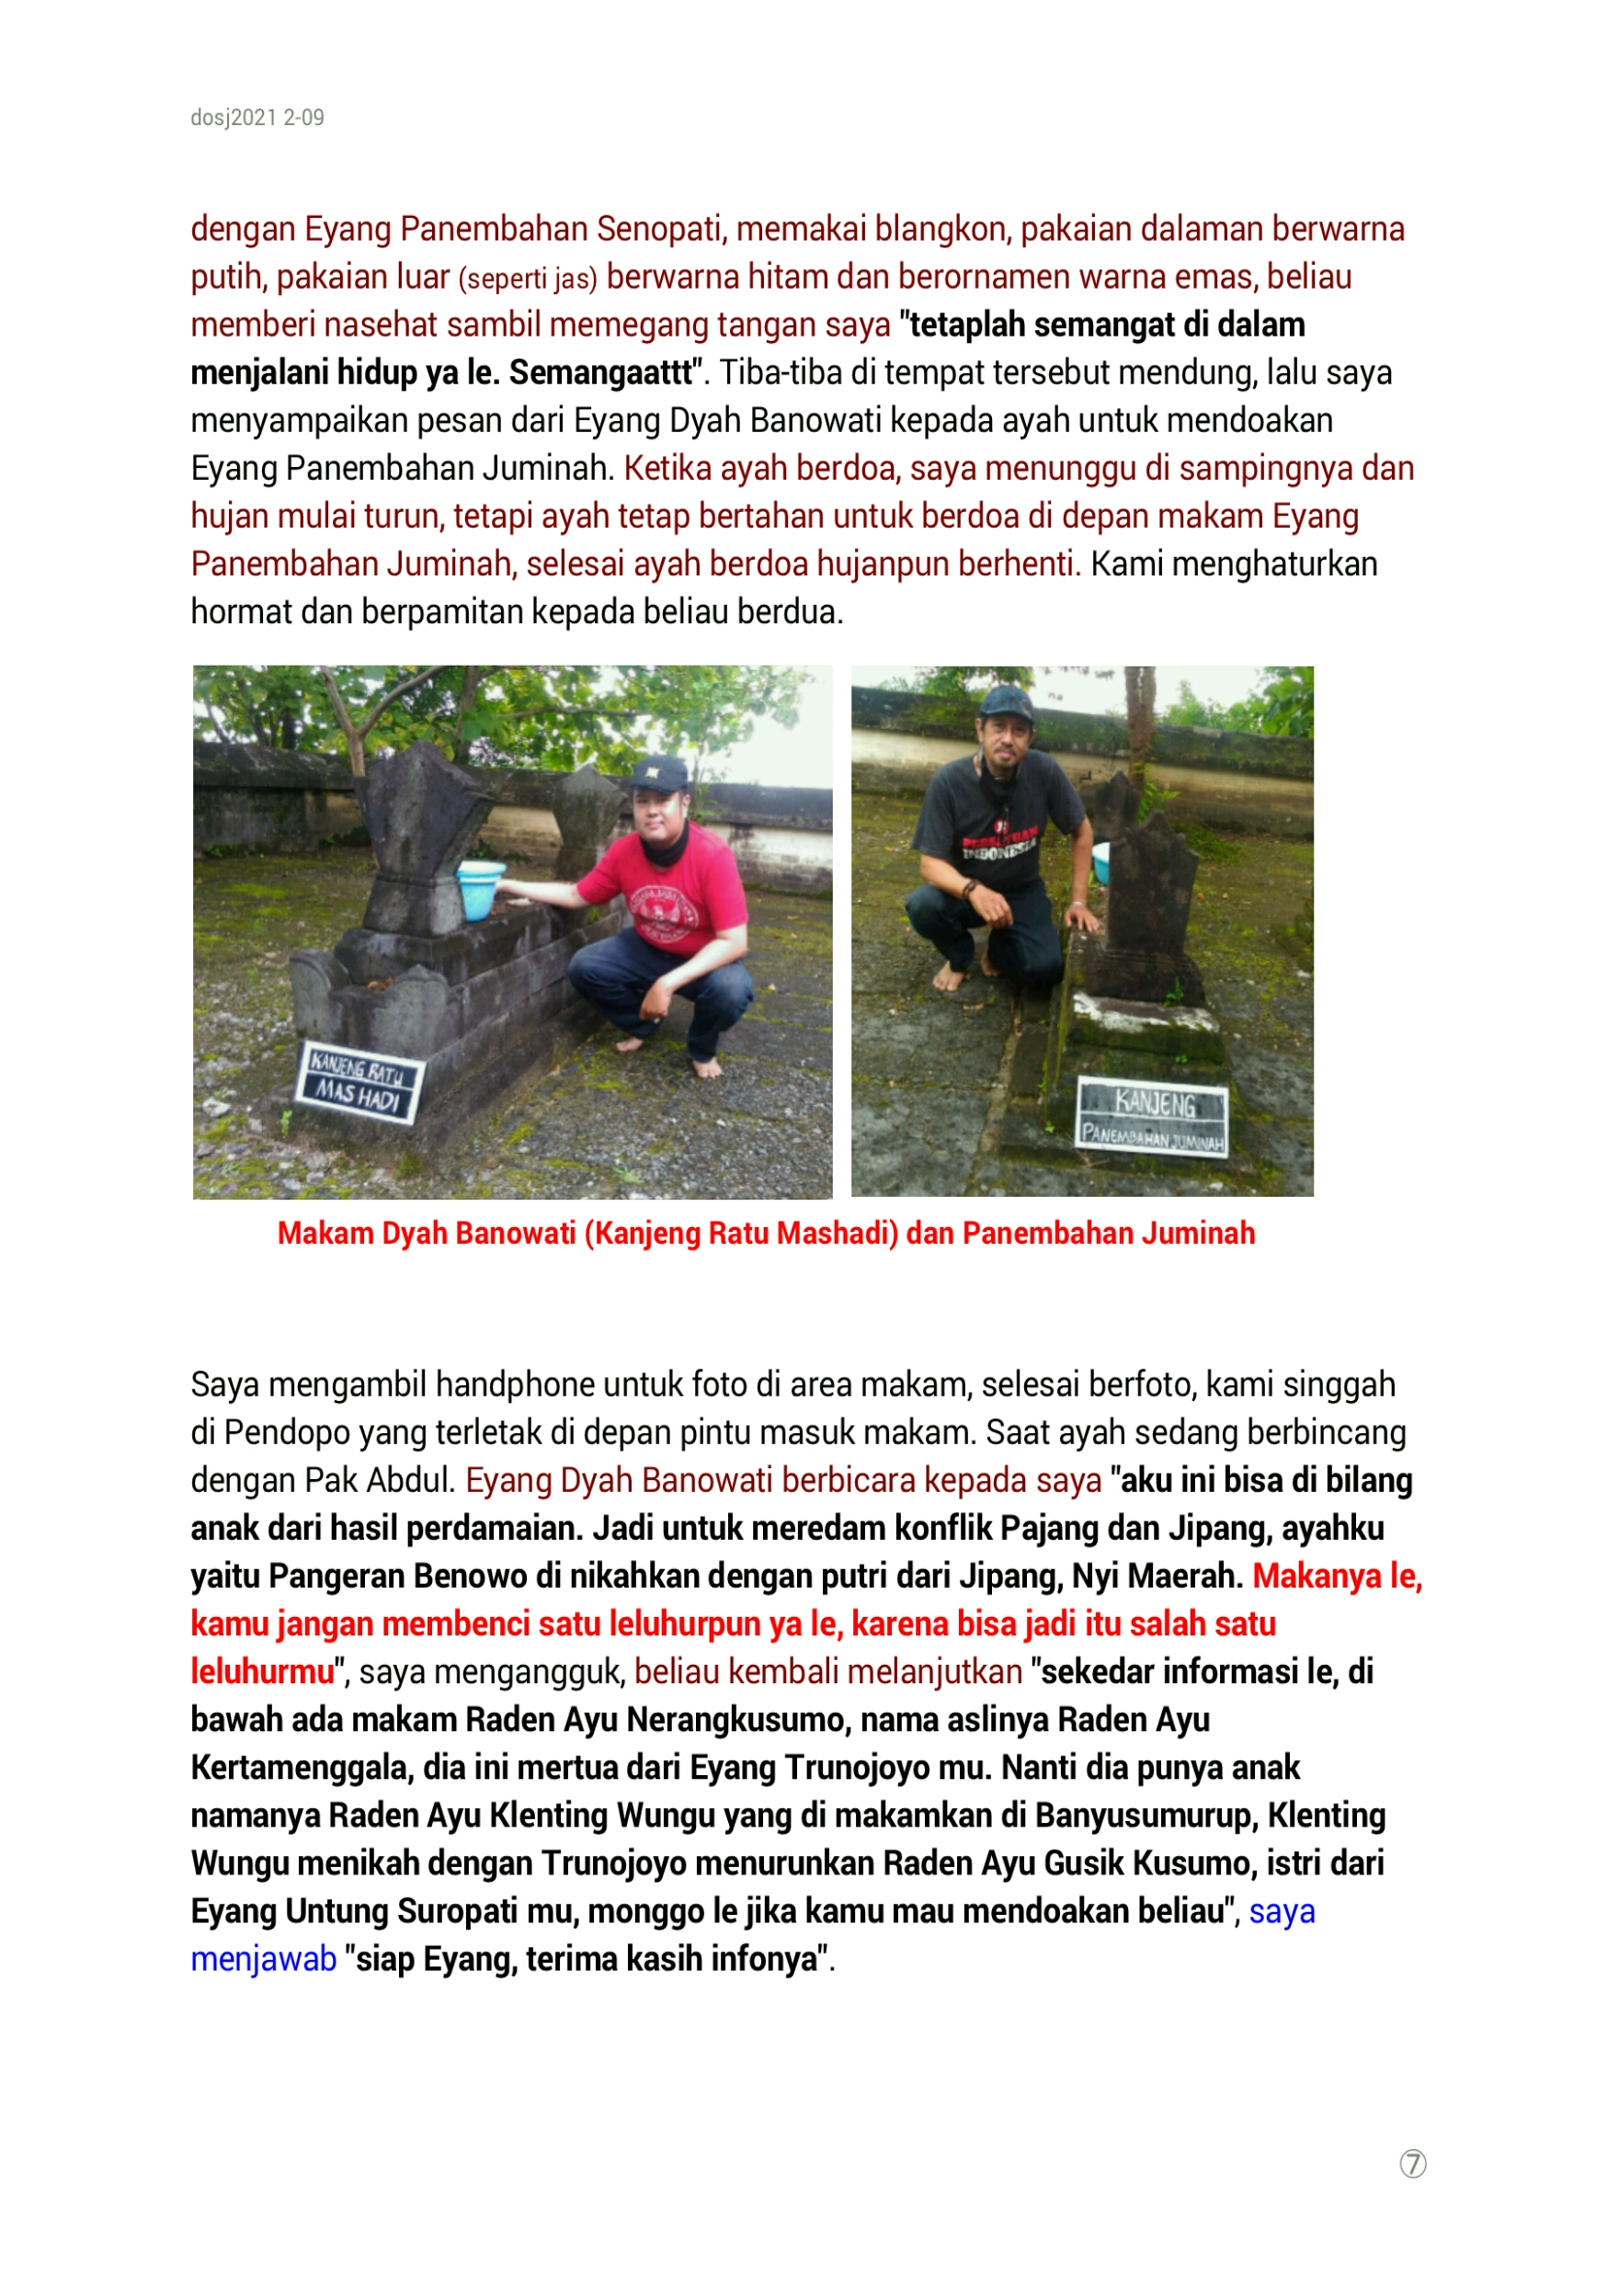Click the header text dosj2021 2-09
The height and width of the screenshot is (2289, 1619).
[x=257, y=118]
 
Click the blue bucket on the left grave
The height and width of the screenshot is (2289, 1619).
[x=480, y=888]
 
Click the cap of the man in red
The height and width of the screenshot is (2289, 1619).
[x=659, y=772]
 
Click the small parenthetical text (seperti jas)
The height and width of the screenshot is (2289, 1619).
[x=528, y=279]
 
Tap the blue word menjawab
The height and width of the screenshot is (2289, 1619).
[x=263, y=1959]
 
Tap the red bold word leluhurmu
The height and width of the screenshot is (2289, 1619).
[x=262, y=1672]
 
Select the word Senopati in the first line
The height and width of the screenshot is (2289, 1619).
[x=659, y=229]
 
